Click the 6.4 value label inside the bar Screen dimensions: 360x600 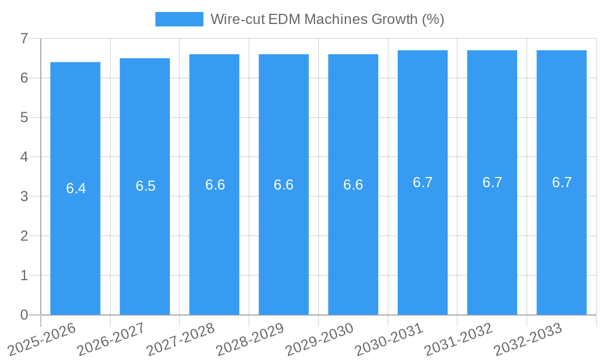coord(76,188)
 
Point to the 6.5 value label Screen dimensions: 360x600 coord(145,186)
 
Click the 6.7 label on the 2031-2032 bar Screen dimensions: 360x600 coord(492,182)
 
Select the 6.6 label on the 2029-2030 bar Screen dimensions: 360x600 coord(353,185)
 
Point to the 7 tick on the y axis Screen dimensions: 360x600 coord(25,38)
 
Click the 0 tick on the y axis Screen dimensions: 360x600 coord(25,315)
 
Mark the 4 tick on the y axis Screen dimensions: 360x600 coord(25,157)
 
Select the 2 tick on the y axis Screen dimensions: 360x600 coord(25,236)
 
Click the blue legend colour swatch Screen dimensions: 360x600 coord(179,19)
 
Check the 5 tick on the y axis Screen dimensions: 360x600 coord(25,118)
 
